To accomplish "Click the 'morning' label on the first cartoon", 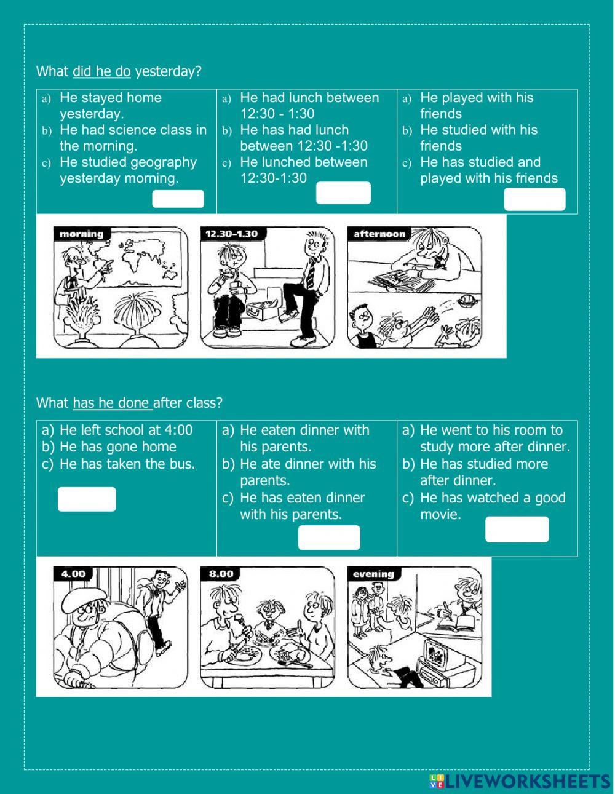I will (81, 234).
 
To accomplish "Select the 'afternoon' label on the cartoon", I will (379, 234).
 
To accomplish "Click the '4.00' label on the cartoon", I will (73, 574).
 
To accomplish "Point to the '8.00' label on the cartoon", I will (221, 574).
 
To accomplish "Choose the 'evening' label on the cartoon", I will (373, 574).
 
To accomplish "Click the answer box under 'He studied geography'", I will (178, 199).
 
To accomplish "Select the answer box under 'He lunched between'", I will (343, 193).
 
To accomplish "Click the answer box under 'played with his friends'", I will (534, 199).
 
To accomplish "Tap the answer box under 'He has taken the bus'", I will (87, 499).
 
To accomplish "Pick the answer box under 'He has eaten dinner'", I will (329, 538).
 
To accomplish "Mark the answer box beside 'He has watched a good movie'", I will (517, 530).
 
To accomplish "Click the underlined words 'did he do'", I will (101, 71).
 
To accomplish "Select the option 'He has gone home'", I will (117, 447).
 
